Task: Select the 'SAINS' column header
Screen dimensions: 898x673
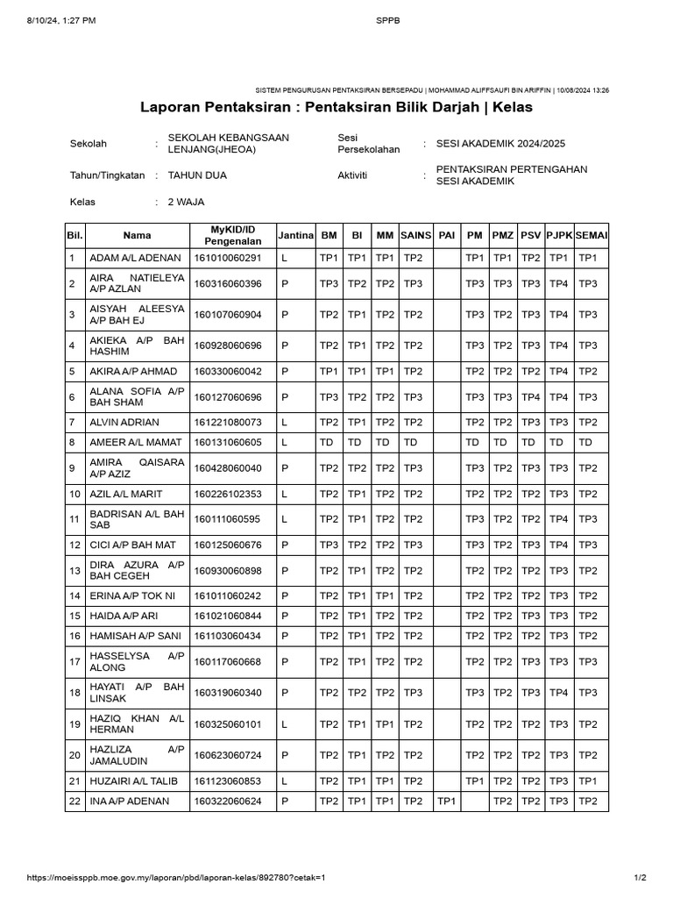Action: (416, 236)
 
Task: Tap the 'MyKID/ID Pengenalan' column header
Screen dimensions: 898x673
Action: (231, 236)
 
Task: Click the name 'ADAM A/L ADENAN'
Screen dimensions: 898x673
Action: (136, 259)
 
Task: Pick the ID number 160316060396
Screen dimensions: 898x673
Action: (228, 284)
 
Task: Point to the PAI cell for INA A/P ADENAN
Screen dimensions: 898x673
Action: (447, 802)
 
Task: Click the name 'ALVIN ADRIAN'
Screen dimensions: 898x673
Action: (124, 423)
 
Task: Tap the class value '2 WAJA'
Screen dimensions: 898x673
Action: (186, 202)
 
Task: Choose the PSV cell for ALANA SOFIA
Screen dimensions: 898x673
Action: (531, 397)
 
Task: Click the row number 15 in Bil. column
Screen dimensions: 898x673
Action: (74, 616)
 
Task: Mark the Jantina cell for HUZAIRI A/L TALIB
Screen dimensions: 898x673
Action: (285, 780)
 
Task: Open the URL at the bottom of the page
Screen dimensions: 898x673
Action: (176, 878)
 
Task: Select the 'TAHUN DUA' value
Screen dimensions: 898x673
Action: (197, 175)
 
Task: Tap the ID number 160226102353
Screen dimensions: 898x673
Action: (228, 495)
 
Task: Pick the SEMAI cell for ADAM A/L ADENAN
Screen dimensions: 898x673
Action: (589, 259)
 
